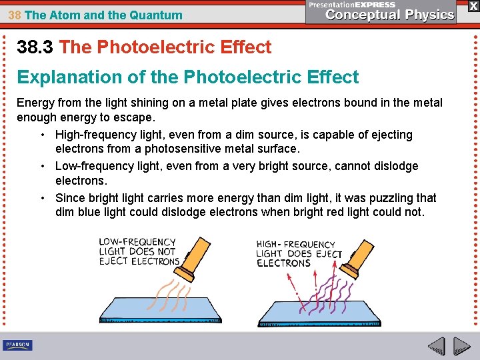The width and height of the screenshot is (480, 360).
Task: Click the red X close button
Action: [473, 5]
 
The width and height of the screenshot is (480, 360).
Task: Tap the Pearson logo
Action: [17, 345]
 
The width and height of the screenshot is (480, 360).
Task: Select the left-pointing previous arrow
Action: [436, 347]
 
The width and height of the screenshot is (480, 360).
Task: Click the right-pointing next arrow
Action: [461, 347]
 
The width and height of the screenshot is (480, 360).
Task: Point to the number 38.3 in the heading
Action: [36, 47]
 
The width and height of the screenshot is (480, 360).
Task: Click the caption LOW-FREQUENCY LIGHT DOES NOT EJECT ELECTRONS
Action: [138, 251]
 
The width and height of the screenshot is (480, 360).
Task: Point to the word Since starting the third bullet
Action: [70, 198]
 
